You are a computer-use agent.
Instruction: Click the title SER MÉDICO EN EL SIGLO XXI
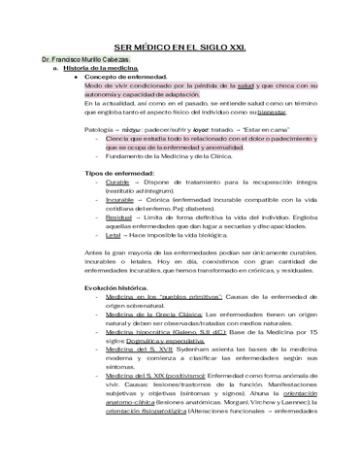(x=180, y=47)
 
